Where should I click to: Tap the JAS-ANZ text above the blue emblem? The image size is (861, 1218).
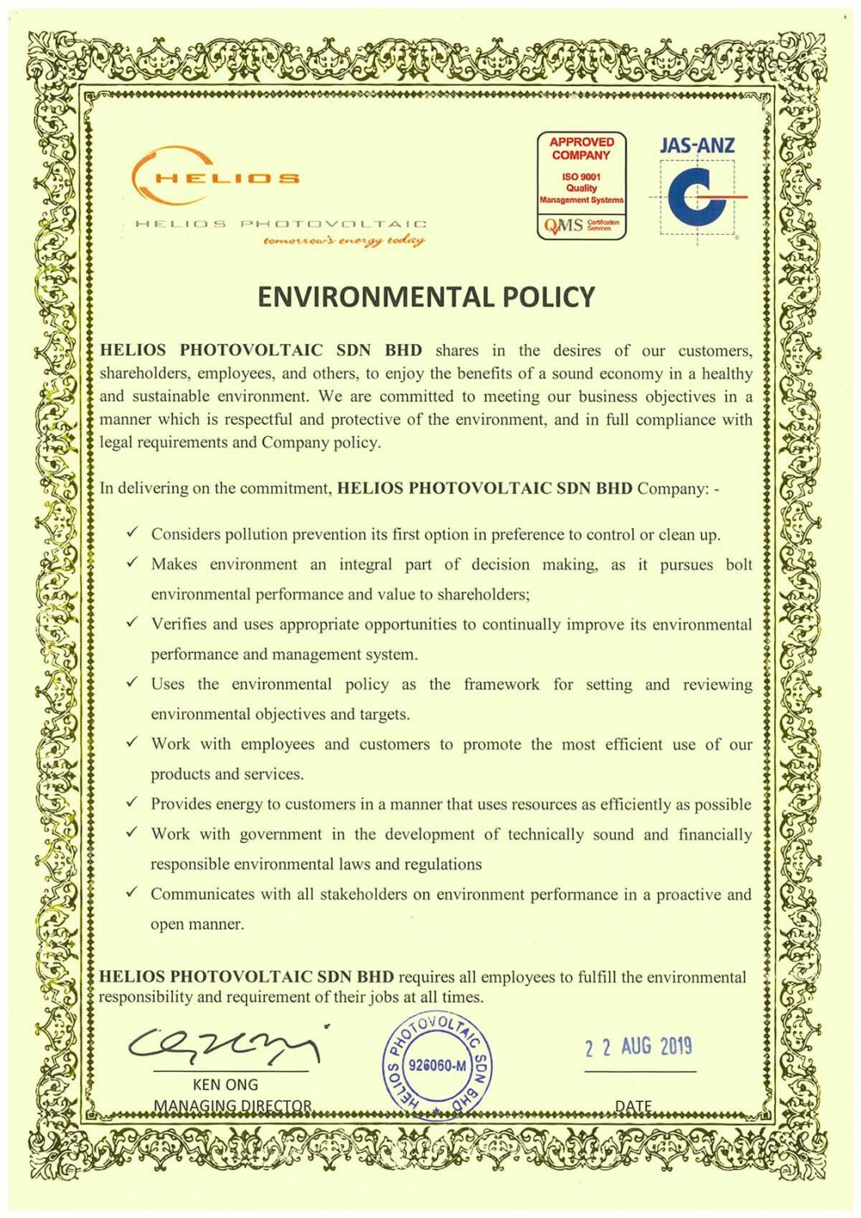tap(697, 146)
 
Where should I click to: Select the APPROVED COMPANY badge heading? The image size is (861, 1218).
tap(582, 149)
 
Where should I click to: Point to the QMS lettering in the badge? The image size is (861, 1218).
tap(564, 225)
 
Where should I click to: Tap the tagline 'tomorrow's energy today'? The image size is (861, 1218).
tap(344, 240)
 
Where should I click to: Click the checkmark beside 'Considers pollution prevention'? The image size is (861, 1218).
tap(132, 532)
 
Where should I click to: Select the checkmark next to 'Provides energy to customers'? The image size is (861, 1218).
tap(132, 802)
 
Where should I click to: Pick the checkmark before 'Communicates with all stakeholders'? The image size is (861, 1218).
tap(132, 892)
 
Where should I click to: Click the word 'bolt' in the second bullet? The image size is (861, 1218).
tap(739, 564)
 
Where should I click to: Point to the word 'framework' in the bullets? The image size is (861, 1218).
tap(501, 685)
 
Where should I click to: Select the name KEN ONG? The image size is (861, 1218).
tap(225, 1085)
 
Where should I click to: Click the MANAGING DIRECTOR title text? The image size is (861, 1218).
tap(232, 1105)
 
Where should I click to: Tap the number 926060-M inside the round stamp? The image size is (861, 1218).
tap(437, 1065)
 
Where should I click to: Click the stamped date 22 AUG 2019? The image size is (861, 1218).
tap(638, 1047)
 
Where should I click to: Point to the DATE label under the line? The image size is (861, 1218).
tap(634, 1105)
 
